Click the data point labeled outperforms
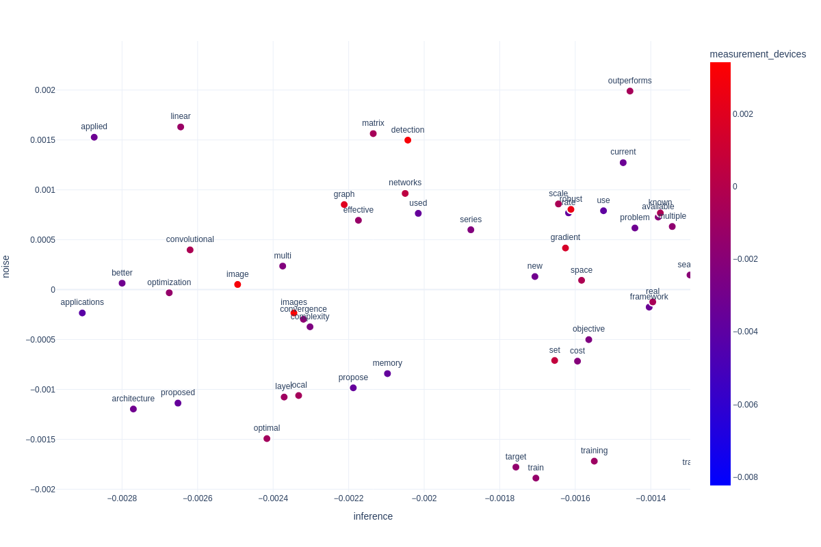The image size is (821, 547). pyautogui.click(x=630, y=91)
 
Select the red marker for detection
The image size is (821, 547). pyautogui.click(x=408, y=140)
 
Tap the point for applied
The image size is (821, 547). pyautogui.click(x=94, y=137)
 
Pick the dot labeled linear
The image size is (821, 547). pyautogui.click(x=181, y=127)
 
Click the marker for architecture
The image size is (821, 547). pyautogui.click(x=133, y=409)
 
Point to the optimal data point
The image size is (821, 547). pyautogui.click(x=267, y=439)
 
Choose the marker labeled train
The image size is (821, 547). pyautogui.click(x=536, y=478)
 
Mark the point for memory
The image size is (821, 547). pyautogui.click(x=387, y=374)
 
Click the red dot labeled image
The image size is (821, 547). pyautogui.click(x=237, y=284)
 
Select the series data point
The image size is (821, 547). pyautogui.click(x=471, y=230)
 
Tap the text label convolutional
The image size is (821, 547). pyautogui.click(x=190, y=239)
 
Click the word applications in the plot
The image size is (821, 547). pyautogui.click(x=82, y=302)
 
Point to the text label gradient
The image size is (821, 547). pyautogui.click(x=565, y=237)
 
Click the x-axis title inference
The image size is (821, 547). pyautogui.click(x=373, y=516)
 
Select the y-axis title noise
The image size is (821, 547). pyautogui.click(x=6, y=266)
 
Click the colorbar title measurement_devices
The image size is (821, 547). pyautogui.click(x=757, y=54)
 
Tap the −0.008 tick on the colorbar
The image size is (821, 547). pyautogui.click(x=745, y=477)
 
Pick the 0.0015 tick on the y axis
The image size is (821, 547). pyautogui.click(x=42, y=140)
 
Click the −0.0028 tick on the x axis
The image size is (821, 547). pyautogui.click(x=122, y=498)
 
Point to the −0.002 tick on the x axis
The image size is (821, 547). pyautogui.click(x=423, y=498)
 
